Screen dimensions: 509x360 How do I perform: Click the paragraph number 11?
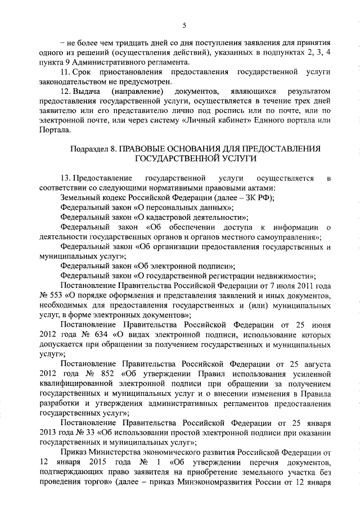tap(65, 73)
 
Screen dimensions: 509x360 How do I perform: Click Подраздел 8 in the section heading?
tap(90, 148)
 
